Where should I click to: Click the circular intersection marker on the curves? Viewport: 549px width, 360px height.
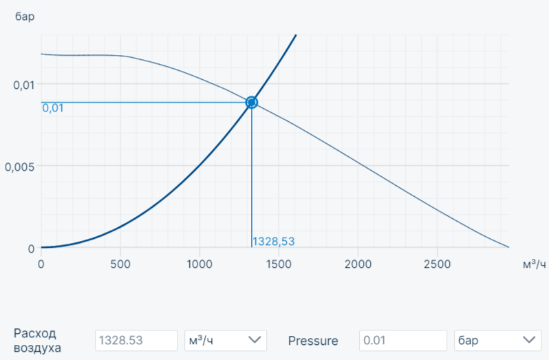coord(251,103)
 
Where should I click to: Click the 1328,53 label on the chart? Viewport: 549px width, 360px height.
coord(274,242)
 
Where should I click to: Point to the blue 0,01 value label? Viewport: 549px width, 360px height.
coord(53,108)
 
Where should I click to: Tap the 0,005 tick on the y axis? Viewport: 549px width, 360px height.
coord(20,166)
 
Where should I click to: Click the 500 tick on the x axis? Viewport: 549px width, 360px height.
coord(120,264)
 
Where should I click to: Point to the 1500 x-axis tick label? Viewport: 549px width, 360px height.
coord(279,264)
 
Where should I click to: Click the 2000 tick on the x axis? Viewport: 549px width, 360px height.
coord(358,264)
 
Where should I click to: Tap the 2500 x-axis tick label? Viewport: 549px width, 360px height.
coord(437,264)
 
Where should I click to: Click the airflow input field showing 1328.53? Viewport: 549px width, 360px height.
coord(136,340)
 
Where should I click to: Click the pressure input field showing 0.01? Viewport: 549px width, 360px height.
coord(402,340)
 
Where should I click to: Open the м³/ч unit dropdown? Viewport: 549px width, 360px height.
coord(226,340)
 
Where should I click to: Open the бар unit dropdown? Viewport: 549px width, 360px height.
coord(497,340)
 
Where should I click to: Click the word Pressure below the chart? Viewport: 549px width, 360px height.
coord(313,340)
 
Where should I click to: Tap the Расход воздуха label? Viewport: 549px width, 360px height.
coord(38,340)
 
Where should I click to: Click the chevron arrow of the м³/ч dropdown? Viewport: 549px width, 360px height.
coord(255,340)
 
